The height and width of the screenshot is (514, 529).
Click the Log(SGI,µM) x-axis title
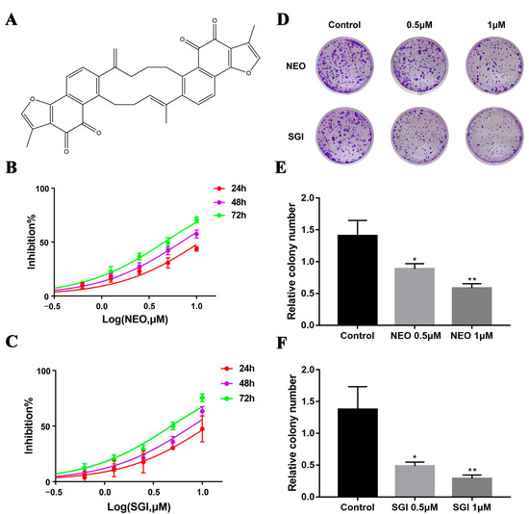point(139,510)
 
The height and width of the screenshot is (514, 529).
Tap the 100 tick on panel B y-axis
point(37,188)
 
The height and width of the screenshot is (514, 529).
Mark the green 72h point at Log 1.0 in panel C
point(203,398)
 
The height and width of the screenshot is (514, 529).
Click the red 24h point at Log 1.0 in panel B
point(196,248)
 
